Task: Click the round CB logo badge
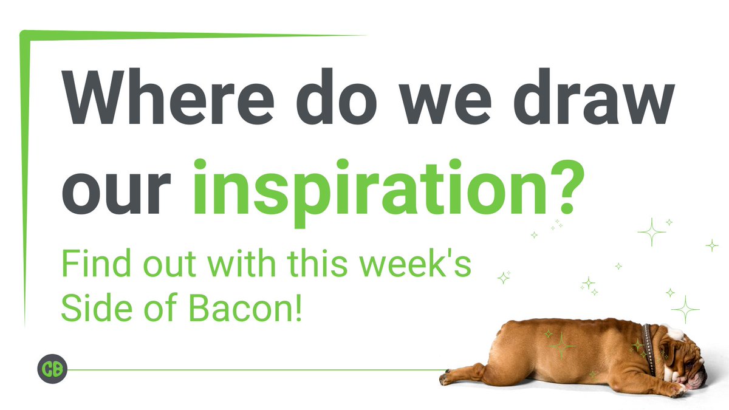point(52,369)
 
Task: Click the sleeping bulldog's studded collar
point(649,350)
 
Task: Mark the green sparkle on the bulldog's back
point(562,347)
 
